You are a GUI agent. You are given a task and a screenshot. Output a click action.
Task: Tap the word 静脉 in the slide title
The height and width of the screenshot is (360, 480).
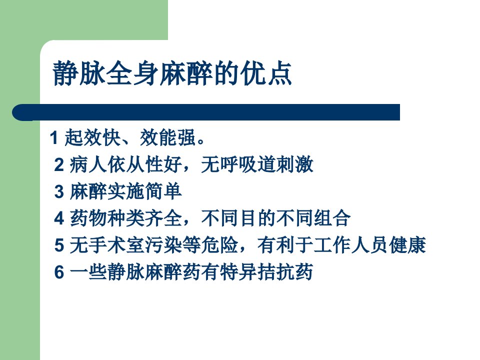point(79,73)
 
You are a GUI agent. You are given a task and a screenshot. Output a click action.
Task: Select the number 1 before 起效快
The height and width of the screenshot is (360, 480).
point(54,137)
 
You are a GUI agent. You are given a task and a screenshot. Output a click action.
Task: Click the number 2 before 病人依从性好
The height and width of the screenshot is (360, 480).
point(59,164)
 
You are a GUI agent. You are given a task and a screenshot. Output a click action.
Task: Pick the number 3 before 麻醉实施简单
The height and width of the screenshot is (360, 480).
point(59,191)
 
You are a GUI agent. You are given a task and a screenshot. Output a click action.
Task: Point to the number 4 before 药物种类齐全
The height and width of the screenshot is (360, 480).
point(59,218)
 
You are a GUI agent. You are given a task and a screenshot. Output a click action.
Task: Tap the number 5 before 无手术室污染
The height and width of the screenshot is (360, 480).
point(59,245)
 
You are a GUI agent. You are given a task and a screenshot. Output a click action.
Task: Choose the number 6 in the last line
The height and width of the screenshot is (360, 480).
point(59,272)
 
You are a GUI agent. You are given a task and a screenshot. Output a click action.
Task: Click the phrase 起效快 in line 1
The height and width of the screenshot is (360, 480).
point(92,137)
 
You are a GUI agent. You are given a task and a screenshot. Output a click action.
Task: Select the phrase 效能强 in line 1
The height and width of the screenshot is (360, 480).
point(168,137)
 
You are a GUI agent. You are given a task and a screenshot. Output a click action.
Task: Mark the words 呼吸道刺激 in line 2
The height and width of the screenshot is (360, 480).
point(256,164)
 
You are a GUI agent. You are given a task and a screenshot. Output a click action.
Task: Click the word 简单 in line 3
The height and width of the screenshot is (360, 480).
point(163,191)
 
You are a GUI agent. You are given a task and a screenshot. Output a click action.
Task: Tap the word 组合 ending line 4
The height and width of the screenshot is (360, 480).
point(332,218)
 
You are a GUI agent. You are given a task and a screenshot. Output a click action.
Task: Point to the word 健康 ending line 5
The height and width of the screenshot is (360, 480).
point(407,245)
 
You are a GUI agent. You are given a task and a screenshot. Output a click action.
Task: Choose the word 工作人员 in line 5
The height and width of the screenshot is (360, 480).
point(351,245)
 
